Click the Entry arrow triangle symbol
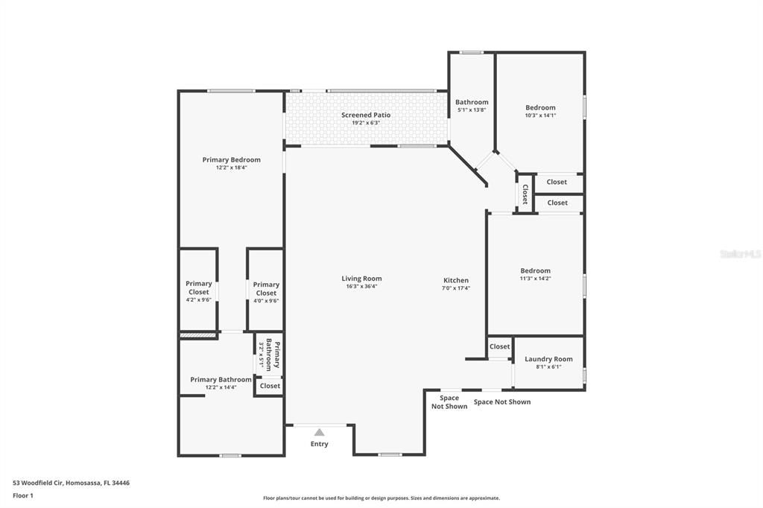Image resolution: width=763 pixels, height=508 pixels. [319, 432]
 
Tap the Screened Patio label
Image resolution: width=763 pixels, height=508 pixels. [366, 115]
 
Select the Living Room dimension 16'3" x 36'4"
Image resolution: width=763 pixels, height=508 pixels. [361, 287]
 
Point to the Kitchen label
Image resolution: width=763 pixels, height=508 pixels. [455, 280]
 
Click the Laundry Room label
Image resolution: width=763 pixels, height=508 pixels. [548, 359]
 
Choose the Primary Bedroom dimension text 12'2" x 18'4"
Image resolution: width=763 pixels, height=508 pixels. [231, 168]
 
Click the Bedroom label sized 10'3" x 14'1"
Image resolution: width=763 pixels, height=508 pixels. [540, 107]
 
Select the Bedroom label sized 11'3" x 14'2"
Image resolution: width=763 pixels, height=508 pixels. [535, 270]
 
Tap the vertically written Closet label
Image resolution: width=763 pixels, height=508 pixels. [525, 194]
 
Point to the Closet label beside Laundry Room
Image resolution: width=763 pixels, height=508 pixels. [499, 346]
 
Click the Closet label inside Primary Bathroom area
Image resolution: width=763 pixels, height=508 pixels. [270, 386]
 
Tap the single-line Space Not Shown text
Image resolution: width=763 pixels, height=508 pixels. [502, 402]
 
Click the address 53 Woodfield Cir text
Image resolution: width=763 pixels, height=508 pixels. [72, 483]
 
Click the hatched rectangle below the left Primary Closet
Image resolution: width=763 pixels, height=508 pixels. [197, 336]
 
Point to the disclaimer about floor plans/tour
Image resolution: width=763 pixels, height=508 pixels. [381, 498]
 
